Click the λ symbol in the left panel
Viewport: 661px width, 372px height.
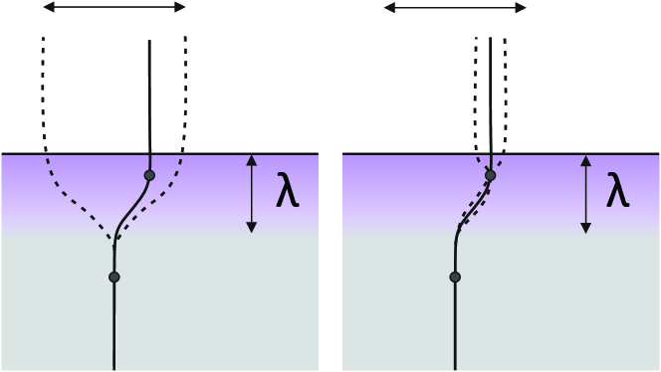click(x=287, y=193)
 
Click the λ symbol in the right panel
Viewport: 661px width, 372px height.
click(x=618, y=193)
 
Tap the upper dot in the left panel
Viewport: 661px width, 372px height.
click(x=149, y=176)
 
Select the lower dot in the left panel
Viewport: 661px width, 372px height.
click(x=114, y=277)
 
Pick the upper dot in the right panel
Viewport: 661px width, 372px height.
click(x=490, y=176)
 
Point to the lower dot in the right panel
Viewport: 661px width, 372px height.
click(x=455, y=277)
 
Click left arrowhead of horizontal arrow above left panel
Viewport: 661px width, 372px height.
click(x=46, y=8)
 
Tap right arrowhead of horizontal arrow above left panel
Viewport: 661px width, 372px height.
click(x=184, y=8)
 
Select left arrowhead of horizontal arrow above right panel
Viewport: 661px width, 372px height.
click(x=386, y=8)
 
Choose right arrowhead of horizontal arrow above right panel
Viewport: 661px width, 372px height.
click(x=525, y=8)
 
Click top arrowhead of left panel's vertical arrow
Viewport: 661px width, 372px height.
click(x=251, y=157)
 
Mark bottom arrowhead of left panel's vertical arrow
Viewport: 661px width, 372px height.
click(x=251, y=230)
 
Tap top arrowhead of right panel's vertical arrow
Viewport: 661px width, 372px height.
click(x=583, y=157)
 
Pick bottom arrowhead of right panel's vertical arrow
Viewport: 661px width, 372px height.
click(x=583, y=230)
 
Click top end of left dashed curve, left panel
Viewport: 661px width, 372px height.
click(x=44, y=39)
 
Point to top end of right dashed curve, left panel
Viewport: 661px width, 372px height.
click(x=186, y=39)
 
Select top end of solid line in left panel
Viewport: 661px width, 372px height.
click(x=149, y=41)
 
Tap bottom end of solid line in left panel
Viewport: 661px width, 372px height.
click(x=114, y=368)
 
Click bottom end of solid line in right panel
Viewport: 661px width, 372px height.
click(x=455, y=368)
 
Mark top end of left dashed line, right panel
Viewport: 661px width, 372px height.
click(x=476, y=39)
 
